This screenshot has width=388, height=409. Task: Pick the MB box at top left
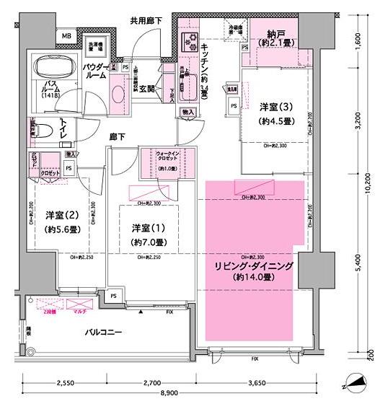click(66, 36)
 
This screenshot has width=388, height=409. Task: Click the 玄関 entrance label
click(149, 89)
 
